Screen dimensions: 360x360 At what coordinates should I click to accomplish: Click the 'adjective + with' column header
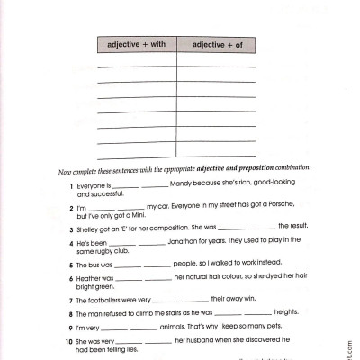136,44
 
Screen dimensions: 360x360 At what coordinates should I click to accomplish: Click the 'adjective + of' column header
216,44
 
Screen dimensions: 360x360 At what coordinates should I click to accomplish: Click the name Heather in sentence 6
94,277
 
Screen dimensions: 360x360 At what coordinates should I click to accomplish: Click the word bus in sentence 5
98,265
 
